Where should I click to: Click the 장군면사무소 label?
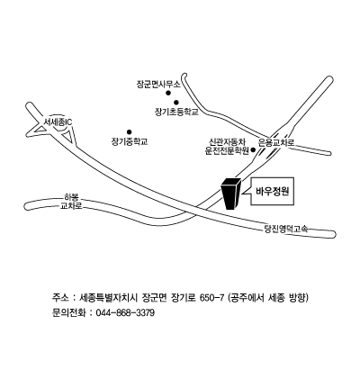tap(158, 85)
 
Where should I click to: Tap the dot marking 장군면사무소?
tap(168, 93)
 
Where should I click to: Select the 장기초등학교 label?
tap(176, 113)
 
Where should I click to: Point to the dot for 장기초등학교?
tap(176, 103)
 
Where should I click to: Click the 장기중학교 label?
tap(130, 141)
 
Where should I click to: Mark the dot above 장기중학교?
tap(130, 131)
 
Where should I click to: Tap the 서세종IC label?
tap(58, 122)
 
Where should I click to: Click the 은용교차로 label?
tap(276, 142)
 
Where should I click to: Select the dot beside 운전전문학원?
tap(253, 149)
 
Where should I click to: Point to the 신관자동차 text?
tap(228, 141)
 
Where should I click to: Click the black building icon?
tap(231, 194)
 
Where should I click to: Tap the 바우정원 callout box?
tap(272, 192)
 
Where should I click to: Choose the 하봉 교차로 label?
tap(71, 202)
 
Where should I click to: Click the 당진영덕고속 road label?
tap(286, 230)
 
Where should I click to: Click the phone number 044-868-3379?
tap(125, 313)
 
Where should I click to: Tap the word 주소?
tap(59, 298)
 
